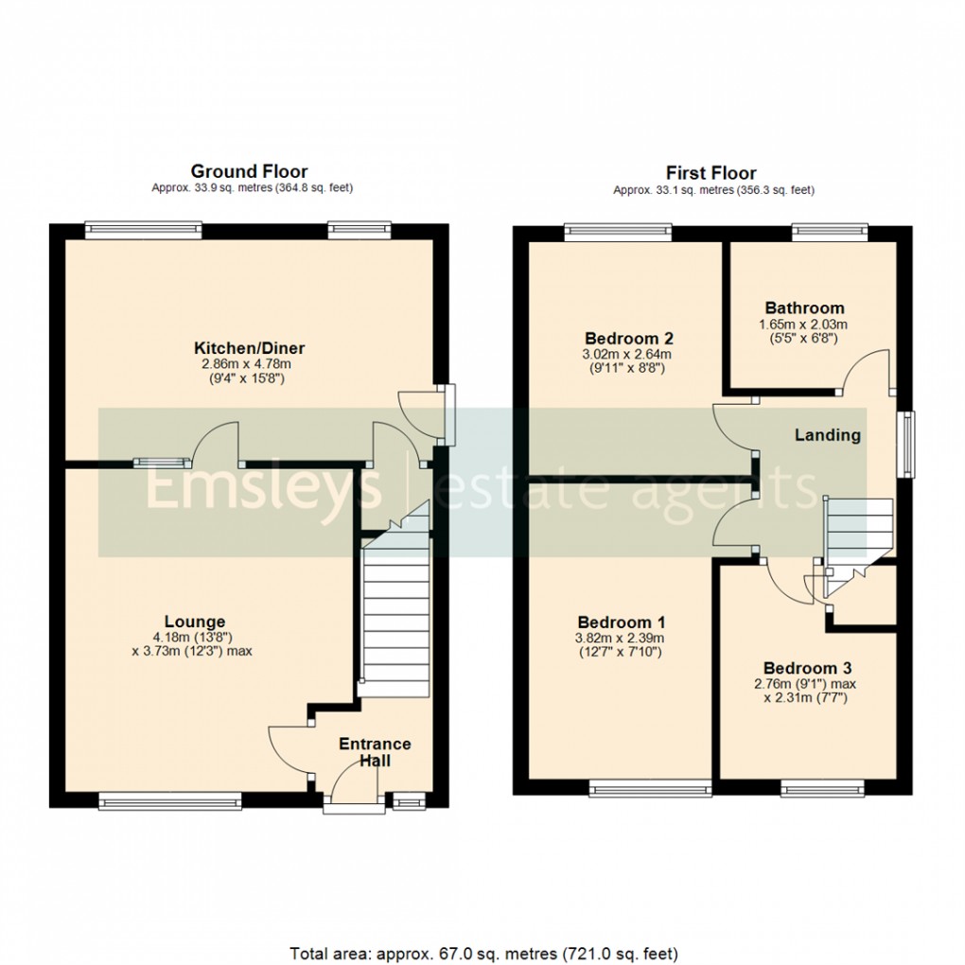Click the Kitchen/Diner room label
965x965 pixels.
coord(250,348)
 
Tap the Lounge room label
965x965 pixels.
coord(195,622)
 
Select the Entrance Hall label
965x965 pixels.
coord(375,752)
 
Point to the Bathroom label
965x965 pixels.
coord(804,308)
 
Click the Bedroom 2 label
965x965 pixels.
coord(628,339)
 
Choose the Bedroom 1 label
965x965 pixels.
coord(622,623)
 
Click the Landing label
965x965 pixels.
coord(827,435)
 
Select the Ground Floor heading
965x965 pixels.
coord(249,171)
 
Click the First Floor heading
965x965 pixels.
coord(711,173)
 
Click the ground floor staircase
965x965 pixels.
coord(395,615)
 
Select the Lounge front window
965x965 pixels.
coord(169,801)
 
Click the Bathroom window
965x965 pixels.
coord(829,227)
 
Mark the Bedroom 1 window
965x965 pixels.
coord(649,787)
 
